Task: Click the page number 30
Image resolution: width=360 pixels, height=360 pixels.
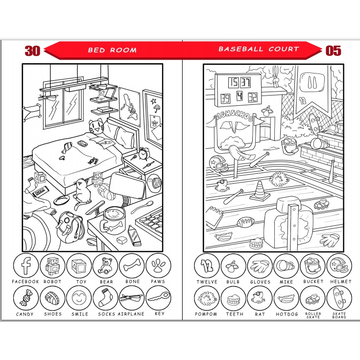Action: [32, 51]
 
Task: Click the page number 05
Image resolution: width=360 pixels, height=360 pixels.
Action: [333, 51]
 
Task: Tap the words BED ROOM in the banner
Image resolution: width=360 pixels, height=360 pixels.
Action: [112, 50]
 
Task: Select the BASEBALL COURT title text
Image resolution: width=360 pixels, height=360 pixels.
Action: [259, 49]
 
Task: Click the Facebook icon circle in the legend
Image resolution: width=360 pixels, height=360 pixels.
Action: [25, 265]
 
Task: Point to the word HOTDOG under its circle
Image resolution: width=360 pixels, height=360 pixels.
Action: [287, 314]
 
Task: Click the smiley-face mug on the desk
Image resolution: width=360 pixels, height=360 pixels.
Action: [113, 221]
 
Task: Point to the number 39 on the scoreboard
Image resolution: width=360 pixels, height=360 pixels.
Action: [225, 98]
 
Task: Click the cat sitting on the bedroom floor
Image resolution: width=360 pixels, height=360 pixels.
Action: [81, 193]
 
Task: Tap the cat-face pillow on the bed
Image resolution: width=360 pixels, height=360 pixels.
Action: [96, 126]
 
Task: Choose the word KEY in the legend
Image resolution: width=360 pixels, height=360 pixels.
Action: [160, 313]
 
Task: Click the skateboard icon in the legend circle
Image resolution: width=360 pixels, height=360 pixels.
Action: [339, 298]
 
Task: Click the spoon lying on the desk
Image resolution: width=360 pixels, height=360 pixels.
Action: [142, 207]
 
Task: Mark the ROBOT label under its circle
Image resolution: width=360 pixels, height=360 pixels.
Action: [52, 282]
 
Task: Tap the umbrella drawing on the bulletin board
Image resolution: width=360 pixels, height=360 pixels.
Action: [157, 108]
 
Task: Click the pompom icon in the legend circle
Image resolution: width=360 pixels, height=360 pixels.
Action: [207, 298]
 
